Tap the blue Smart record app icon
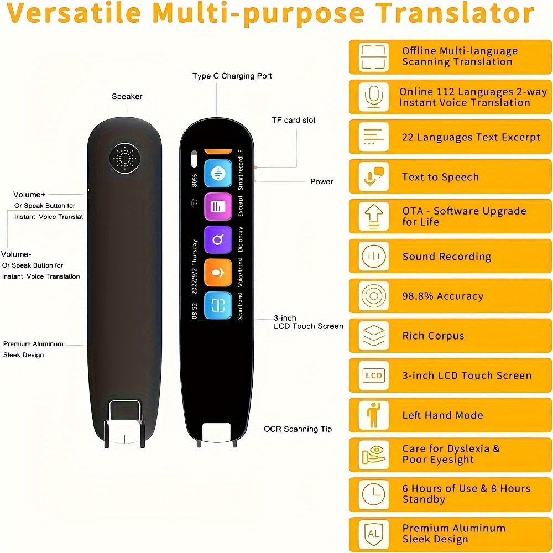[x=218, y=174]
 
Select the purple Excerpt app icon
[x=218, y=206]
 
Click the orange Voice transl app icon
[x=218, y=273]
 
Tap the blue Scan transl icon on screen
[x=218, y=306]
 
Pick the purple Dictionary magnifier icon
[x=218, y=239]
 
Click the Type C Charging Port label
[x=232, y=76]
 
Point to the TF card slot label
[x=294, y=120]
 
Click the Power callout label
[x=321, y=181]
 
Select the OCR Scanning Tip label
[x=298, y=429]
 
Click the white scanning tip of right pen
[x=217, y=433]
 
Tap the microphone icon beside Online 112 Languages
[x=373, y=97]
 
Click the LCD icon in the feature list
[x=373, y=375]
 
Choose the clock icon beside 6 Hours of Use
[x=373, y=494]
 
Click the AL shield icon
[x=373, y=534]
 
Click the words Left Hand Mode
[x=442, y=415]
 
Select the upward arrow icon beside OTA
[x=373, y=216]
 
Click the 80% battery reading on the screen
[x=194, y=180]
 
